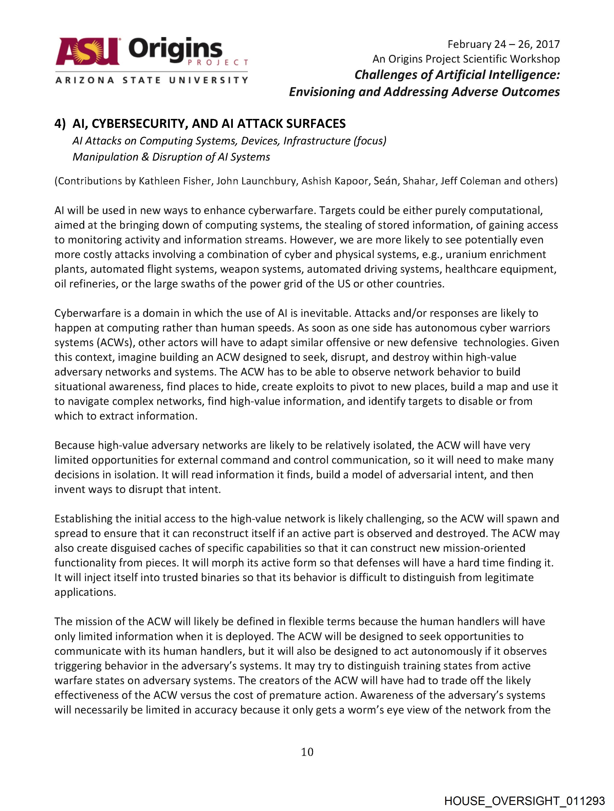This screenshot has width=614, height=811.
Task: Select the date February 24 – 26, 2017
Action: (503, 44)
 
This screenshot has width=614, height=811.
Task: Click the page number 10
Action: (307, 752)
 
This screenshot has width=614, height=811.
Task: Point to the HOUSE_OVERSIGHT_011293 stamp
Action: (524, 800)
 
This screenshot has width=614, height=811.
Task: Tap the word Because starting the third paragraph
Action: (74, 445)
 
